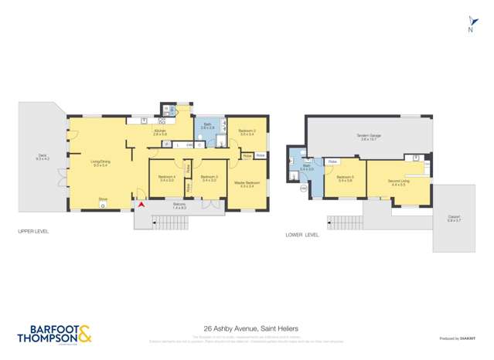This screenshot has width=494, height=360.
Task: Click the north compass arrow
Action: click(470, 22)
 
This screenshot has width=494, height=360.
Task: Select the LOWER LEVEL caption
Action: click(302, 234)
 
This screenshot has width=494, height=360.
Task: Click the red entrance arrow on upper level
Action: click(140, 205)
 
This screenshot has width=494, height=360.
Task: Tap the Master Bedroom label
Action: click(247, 184)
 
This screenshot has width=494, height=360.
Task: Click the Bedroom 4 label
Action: click(167, 178)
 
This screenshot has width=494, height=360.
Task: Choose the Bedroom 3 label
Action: click(208, 178)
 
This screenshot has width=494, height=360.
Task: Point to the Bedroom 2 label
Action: click(247, 131)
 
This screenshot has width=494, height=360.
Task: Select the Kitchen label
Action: click(160, 132)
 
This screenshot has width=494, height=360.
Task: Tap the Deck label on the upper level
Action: click(43, 157)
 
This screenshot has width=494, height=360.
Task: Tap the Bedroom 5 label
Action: click(345, 178)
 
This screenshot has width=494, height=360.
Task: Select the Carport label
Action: click(454, 219)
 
